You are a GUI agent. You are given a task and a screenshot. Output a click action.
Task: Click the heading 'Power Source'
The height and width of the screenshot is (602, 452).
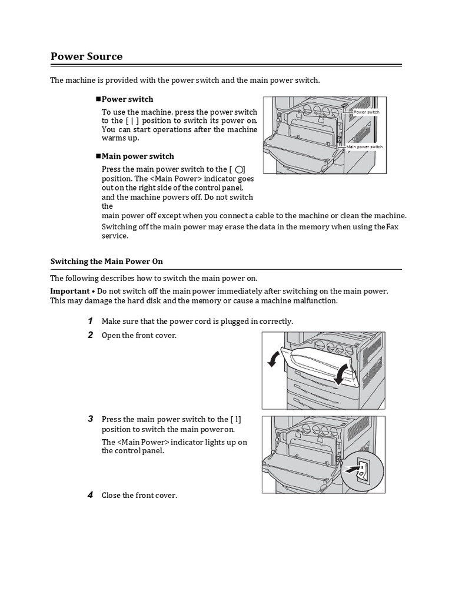pyautogui.click(x=87, y=56)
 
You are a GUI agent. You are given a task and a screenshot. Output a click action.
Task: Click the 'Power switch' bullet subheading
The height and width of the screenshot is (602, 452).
pyautogui.click(x=127, y=99)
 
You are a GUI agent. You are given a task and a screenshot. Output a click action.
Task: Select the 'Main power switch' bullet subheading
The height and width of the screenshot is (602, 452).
pyautogui.click(x=138, y=156)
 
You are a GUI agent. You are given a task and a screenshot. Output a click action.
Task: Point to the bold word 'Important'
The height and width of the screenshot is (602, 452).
pyautogui.click(x=69, y=291)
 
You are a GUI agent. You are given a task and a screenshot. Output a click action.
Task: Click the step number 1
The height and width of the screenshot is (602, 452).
pyautogui.click(x=91, y=320)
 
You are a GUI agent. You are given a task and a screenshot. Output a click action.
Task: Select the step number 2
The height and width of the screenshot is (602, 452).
pyautogui.click(x=91, y=335)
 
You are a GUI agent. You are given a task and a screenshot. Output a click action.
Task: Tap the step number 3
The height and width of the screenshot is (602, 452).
pyautogui.click(x=91, y=419)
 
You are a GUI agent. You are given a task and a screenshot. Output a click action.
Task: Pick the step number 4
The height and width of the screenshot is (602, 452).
pyautogui.click(x=91, y=495)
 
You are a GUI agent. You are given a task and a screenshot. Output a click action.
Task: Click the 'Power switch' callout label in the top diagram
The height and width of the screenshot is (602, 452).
pyautogui.click(x=366, y=112)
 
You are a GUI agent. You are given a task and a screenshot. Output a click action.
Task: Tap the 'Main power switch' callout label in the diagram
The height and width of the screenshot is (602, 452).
pyautogui.click(x=364, y=146)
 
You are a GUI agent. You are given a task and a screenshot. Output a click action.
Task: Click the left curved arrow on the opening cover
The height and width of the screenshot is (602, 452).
pyautogui.click(x=272, y=359)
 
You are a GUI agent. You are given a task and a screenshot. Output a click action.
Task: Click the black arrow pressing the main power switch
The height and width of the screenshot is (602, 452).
pyautogui.click(x=351, y=469)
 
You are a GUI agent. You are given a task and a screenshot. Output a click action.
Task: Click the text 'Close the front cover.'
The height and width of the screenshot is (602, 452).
pyautogui.click(x=139, y=496)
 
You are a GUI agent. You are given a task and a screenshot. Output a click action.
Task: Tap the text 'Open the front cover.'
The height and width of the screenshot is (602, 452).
pyautogui.click(x=139, y=335)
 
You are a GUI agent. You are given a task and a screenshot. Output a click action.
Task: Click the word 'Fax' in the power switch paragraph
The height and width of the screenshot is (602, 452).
pyautogui.click(x=393, y=226)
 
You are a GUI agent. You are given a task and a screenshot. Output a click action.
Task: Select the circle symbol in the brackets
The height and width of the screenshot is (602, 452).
pyautogui.click(x=239, y=169)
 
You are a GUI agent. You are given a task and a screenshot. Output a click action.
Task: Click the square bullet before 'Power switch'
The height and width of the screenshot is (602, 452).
pyautogui.click(x=98, y=99)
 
